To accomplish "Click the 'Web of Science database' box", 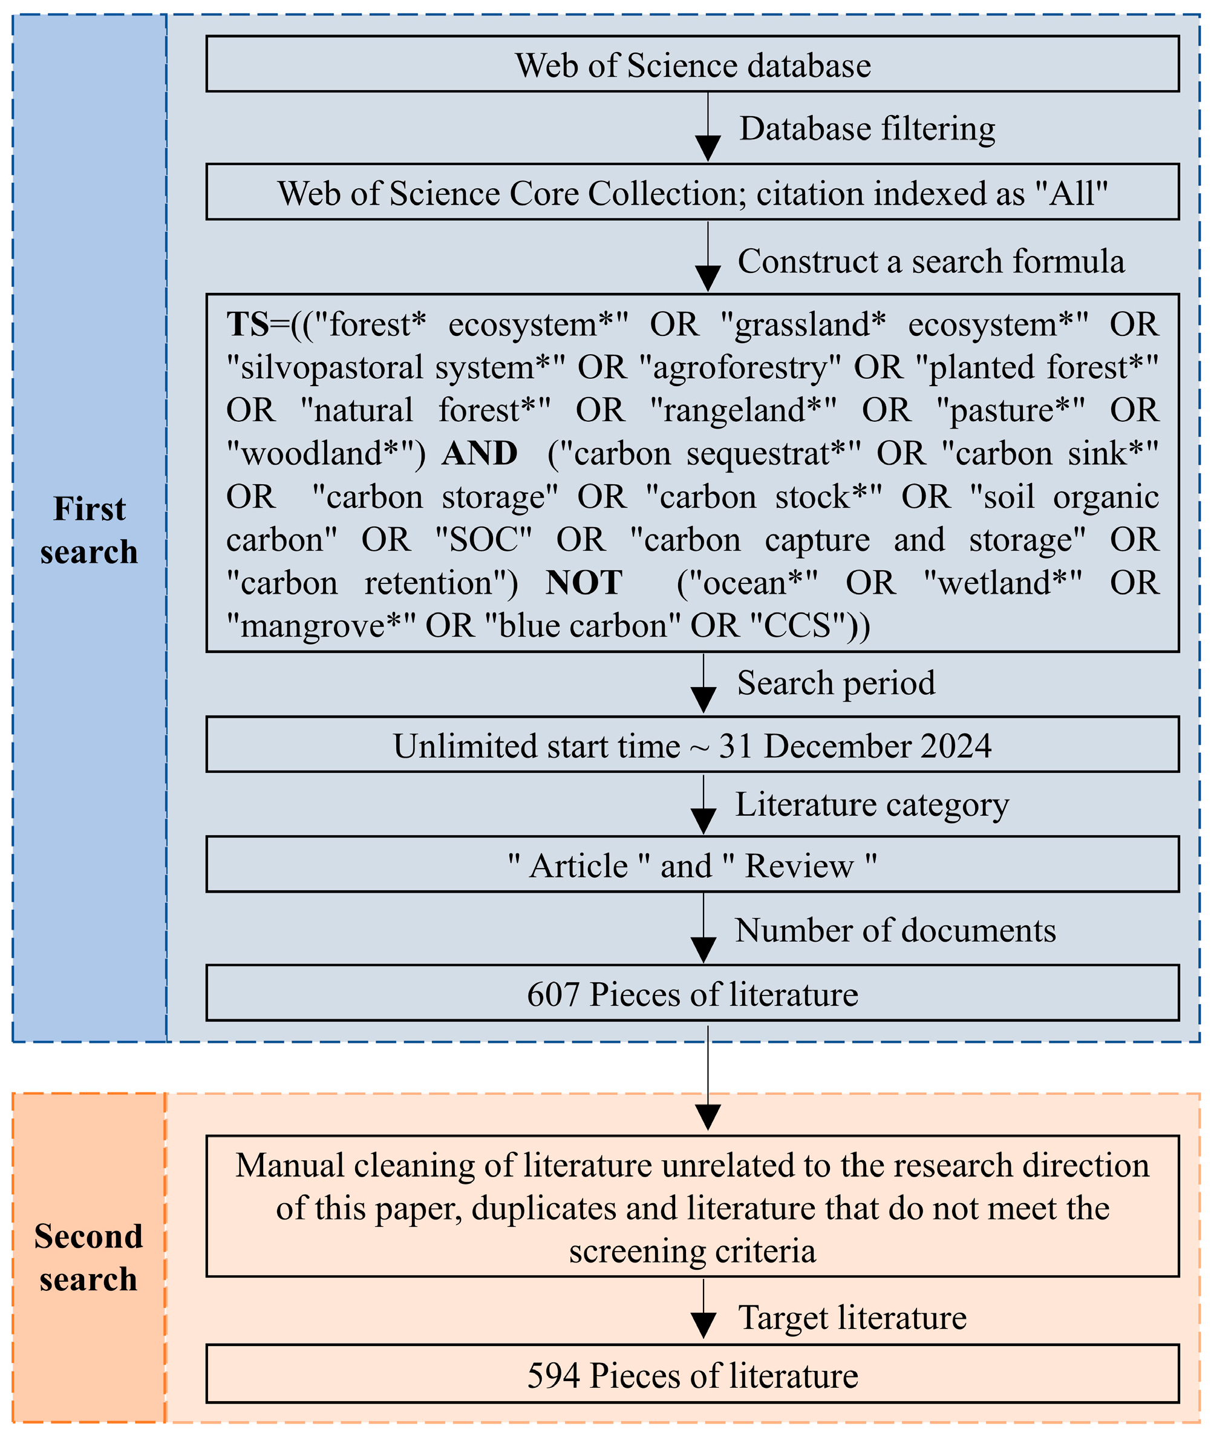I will click(692, 65).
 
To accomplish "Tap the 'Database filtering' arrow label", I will click(866, 128).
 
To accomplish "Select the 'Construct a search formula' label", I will click(931, 261).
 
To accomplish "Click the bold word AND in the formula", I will click(479, 453).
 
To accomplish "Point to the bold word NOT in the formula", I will click(584, 583).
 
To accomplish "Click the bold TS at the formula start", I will click(248, 324).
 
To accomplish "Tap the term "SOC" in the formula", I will click(484, 540).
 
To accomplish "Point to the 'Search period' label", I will click(835, 683).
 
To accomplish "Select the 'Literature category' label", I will click(872, 804).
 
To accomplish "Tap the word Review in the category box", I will click(799, 865).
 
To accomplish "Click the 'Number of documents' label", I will click(895, 930).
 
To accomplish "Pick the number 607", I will click(553, 994).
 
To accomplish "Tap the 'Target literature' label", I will click(852, 1317).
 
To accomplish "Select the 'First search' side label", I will click(90, 530).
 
